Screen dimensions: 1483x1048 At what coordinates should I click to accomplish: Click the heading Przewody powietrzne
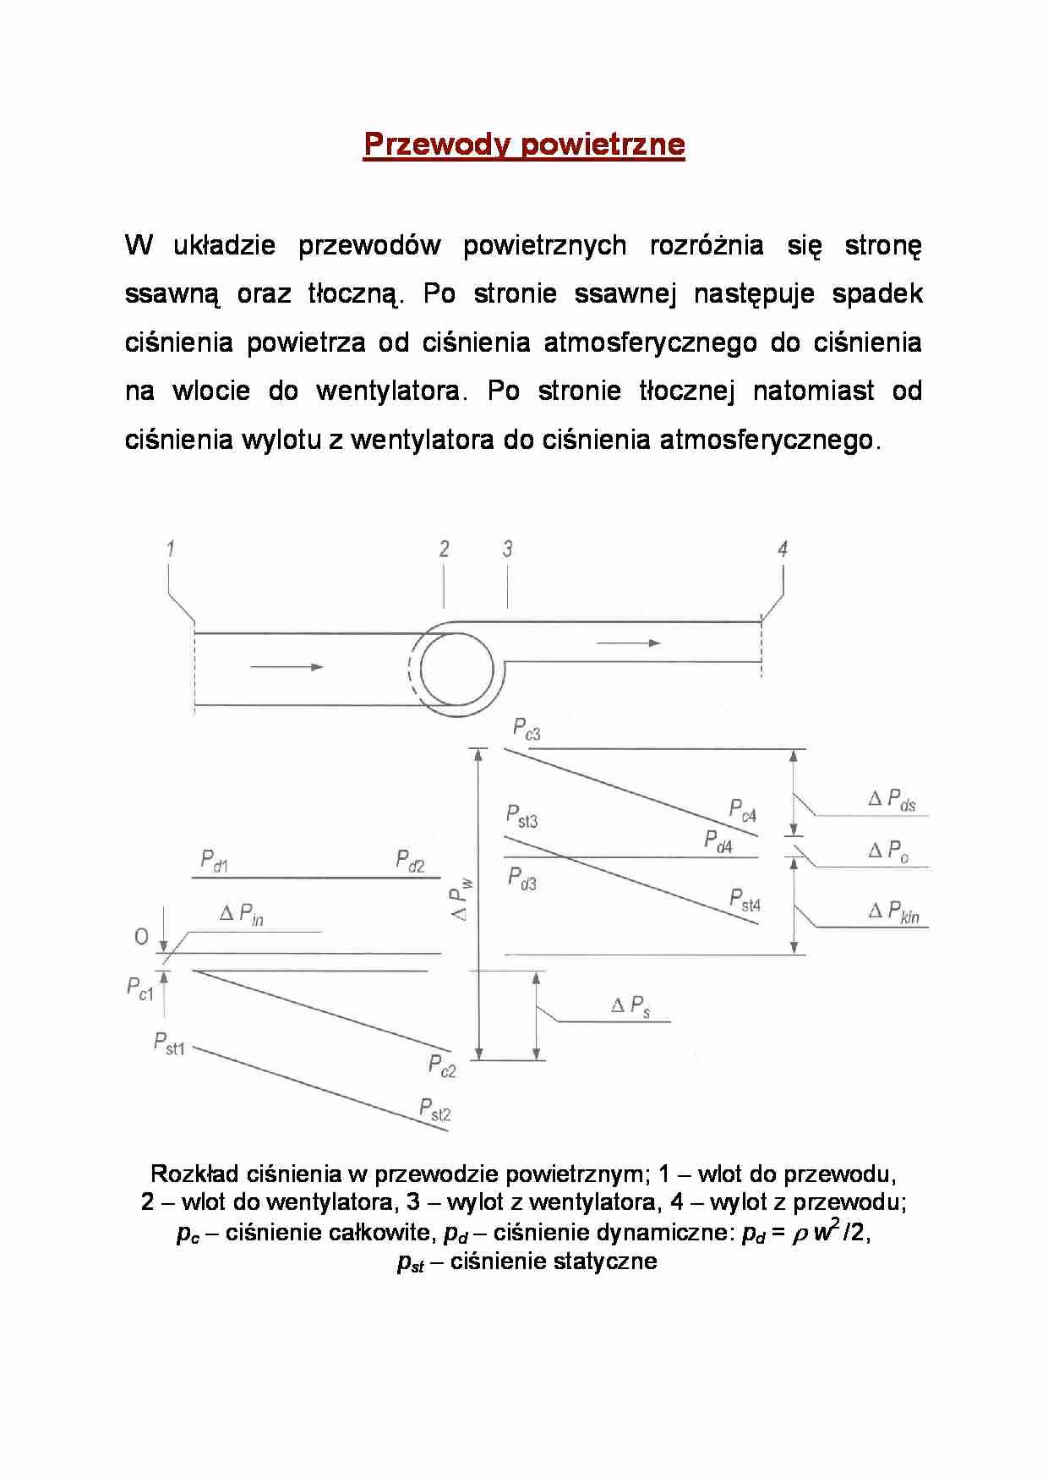[x=524, y=145]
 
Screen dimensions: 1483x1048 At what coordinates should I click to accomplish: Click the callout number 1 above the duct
[x=171, y=549]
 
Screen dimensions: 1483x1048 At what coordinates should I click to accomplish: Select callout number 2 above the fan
[x=444, y=549]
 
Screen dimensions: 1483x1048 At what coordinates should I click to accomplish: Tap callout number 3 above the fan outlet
[x=507, y=549]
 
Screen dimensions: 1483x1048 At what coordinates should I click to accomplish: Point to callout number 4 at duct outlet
[x=783, y=549]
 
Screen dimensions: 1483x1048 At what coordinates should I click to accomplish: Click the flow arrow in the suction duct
[x=287, y=667]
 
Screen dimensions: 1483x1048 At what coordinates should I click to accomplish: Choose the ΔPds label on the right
[x=892, y=800]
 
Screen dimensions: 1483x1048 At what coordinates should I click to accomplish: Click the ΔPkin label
[x=894, y=911]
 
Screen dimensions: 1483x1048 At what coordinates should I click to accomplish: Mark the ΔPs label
[x=630, y=1006]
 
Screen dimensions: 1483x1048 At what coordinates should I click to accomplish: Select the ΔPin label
[x=242, y=914]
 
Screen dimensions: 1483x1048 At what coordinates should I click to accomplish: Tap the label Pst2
[x=435, y=1108]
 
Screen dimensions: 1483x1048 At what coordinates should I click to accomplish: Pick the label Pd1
[x=214, y=862]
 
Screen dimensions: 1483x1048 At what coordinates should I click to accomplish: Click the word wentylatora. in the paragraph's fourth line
[x=390, y=391]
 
